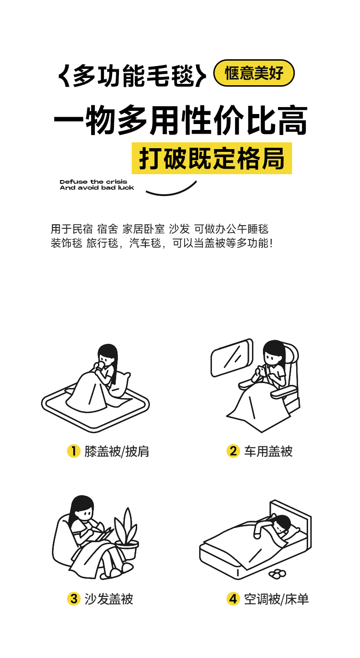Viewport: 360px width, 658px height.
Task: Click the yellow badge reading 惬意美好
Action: (254, 73)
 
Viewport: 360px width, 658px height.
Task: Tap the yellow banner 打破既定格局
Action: (212, 158)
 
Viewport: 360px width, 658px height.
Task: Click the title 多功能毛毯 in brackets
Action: (132, 76)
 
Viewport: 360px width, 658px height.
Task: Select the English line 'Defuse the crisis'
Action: (93, 182)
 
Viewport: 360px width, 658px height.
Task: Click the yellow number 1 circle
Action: (73, 451)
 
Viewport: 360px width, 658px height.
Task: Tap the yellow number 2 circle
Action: (233, 451)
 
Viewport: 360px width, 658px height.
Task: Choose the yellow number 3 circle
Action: (73, 599)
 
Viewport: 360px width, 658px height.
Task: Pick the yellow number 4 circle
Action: (233, 599)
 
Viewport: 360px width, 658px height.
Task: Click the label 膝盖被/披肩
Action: (117, 451)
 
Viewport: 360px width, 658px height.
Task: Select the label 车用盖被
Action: (268, 451)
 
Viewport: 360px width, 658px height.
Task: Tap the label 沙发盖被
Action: (109, 599)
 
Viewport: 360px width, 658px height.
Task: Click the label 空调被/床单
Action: (276, 599)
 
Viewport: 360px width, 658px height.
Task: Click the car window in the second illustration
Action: (232, 357)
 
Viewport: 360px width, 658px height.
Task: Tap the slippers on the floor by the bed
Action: (277, 573)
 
